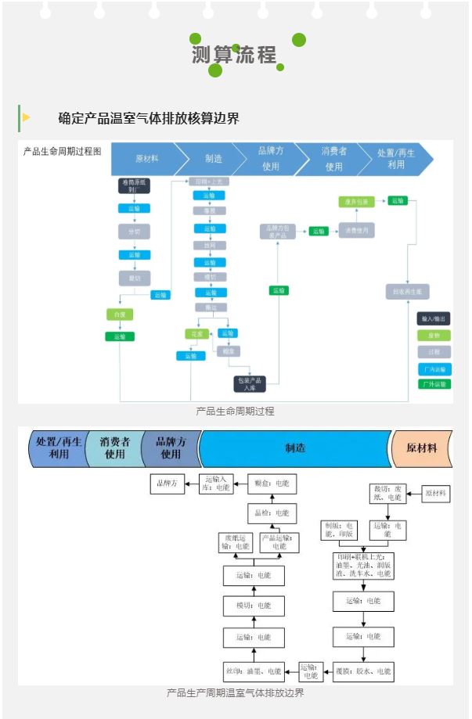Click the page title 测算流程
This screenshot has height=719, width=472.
click(234, 55)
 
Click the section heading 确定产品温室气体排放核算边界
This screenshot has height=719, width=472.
click(149, 118)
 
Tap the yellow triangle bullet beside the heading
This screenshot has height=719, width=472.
click(27, 117)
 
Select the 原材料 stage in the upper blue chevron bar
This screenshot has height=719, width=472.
click(146, 159)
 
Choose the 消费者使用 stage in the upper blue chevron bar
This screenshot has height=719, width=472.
click(333, 159)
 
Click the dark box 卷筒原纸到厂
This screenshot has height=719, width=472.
click(134, 185)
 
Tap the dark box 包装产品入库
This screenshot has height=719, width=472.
click(250, 383)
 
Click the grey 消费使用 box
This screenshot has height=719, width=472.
click(357, 231)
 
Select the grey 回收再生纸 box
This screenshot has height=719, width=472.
click(408, 291)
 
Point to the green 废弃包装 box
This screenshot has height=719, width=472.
click(357, 202)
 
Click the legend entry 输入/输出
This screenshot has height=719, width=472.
click(434, 319)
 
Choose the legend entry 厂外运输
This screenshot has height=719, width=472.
click(434, 384)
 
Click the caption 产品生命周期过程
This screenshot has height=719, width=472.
click(235, 411)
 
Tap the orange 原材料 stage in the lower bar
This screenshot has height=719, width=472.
click(422, 448)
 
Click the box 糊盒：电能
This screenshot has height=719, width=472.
click(271, 484)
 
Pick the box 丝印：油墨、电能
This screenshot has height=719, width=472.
click(252, 671)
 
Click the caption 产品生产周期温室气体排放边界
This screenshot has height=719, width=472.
click(235, 693)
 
